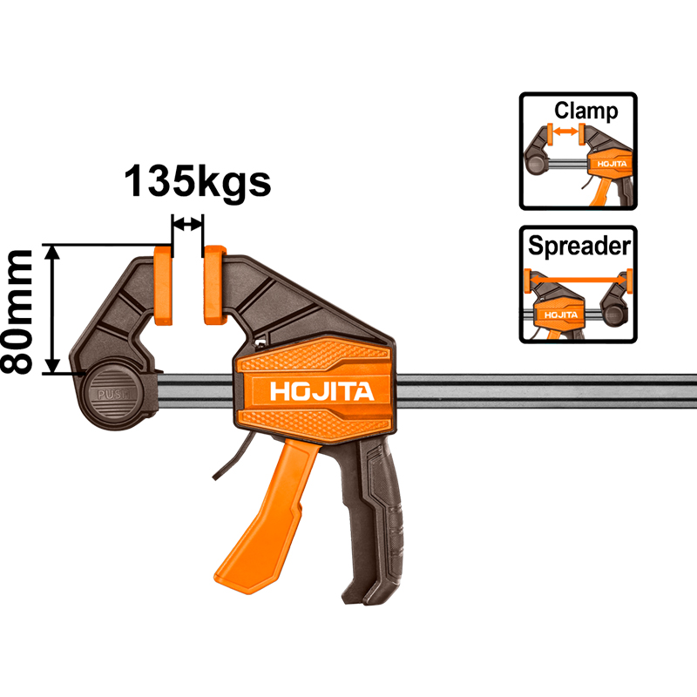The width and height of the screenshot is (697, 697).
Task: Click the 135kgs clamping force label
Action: coord(196,181)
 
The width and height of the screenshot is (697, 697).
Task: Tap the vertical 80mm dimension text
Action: coord(19,310)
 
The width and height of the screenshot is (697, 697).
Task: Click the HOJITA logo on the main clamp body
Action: coord(321,391)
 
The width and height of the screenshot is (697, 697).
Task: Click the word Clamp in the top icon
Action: coord(585,112)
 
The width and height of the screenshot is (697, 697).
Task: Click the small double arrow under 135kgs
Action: coord(187,224)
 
